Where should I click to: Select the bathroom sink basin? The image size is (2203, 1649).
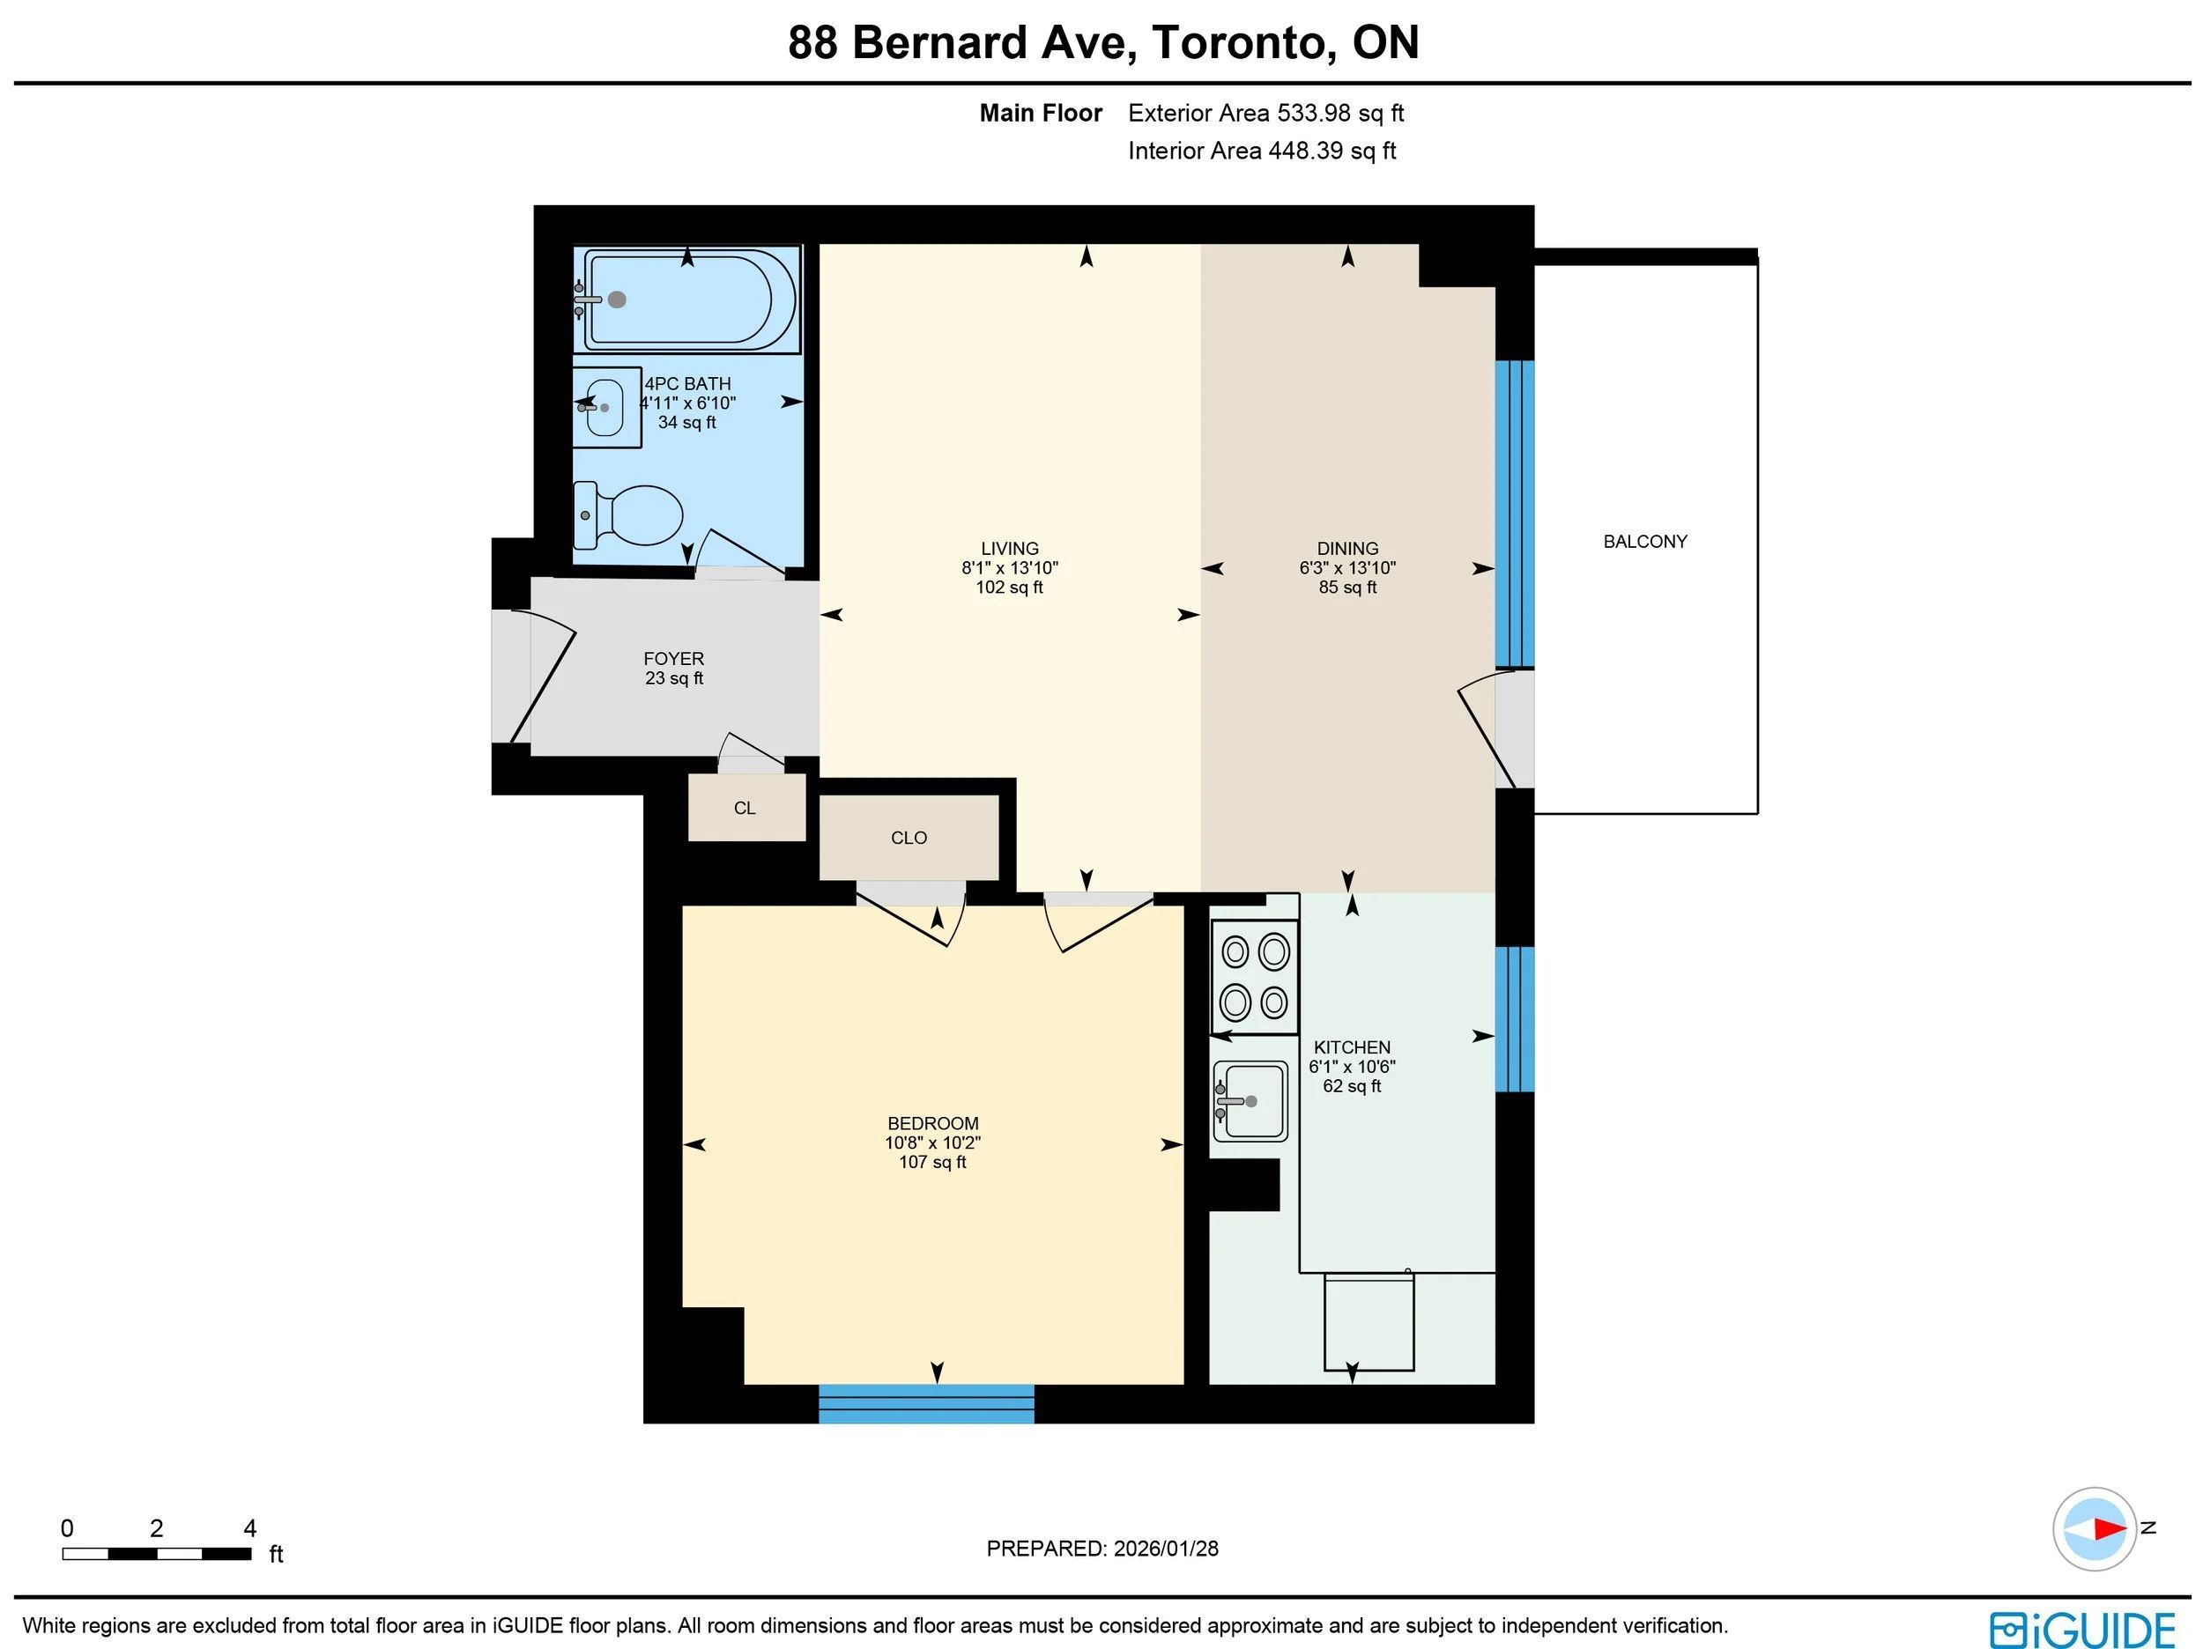point(605,407)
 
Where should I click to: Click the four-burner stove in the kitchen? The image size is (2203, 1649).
point(1255,976)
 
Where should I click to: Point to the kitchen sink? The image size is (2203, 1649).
point(1250,1100)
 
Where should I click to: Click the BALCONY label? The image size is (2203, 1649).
point(1645,542)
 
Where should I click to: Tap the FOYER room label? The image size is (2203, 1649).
point(674,658)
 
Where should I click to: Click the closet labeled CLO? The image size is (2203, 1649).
point(909,838)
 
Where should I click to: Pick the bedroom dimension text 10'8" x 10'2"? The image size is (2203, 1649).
point(933,1143)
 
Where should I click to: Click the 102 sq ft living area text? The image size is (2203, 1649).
point(1010,588)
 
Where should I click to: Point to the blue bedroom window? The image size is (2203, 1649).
point(926,1403)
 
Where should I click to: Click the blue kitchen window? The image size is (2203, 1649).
point(1515,1018)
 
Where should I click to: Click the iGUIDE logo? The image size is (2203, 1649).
point(2082,1631)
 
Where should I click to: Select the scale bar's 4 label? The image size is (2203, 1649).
point(250,1528)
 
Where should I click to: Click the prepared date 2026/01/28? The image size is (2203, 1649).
point(1166,1549)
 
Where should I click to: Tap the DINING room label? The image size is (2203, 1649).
point(1347,549)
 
